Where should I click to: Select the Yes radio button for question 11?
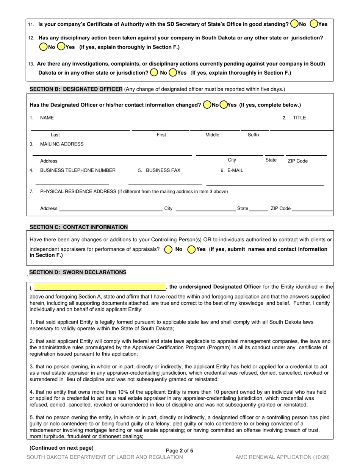(x=314, y=24)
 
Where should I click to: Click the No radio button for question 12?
(x=43, y=47)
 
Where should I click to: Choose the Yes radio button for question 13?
(x=173, y=72)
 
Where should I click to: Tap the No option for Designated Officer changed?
(x=207, y=105)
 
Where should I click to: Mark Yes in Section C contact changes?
(x=191, y=249)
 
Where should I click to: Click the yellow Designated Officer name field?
(x=100, y=287)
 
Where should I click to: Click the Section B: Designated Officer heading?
(x=76, y=89)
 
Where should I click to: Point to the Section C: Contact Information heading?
(x=78, y=227)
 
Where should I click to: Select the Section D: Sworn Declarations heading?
(x=78, y=272)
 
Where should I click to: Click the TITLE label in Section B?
(x=299, y=118)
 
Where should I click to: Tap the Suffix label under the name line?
(x=254, y=135)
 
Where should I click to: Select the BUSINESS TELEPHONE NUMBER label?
(x=78, y=170)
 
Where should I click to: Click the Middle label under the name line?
(x=212, y=135)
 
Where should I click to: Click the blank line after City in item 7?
(x=205, y=209)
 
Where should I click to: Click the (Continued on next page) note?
(x=61, y=448)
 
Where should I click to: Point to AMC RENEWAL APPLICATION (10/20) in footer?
(x=282, y=457)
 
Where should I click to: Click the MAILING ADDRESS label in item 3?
(x=62, y=144)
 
